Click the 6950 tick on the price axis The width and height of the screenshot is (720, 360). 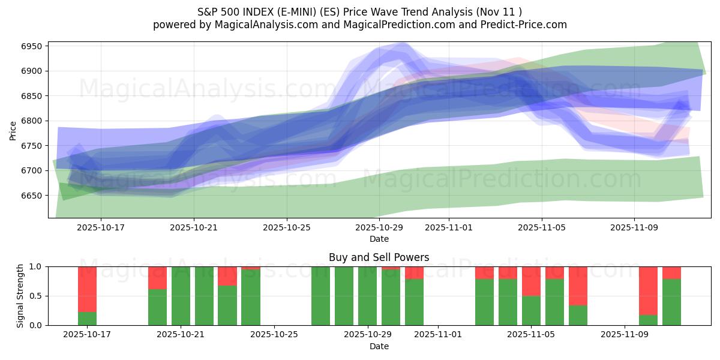coord(34,46)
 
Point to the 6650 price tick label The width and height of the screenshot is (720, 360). coord(34,196)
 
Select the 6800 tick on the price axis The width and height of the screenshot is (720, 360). coord(34,121)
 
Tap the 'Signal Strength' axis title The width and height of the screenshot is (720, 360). coord(20,295)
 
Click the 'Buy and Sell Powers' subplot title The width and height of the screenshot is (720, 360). coord(379,257)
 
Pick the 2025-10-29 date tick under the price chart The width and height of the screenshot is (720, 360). coord(379,228)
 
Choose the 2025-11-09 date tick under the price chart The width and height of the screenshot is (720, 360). coord(634,228)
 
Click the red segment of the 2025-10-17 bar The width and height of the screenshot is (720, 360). coord(87,289)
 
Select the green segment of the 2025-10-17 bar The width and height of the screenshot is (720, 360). coord(87,319)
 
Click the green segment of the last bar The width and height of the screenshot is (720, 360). coord(671,302)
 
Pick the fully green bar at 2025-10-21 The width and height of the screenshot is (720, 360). coord(181,296)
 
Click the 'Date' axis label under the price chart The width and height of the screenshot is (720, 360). coord(379,239)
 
